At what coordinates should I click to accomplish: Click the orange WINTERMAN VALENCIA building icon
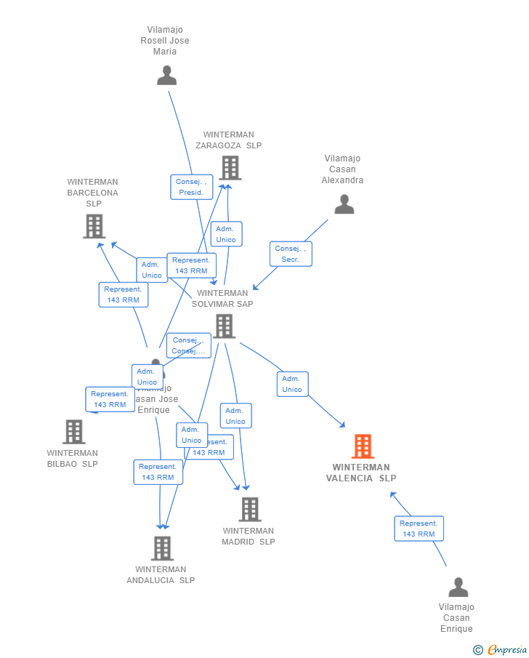pos(363,446)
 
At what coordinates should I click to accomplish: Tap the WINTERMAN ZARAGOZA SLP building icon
pos(230,168)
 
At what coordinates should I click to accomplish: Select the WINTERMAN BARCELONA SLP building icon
pos(94,226)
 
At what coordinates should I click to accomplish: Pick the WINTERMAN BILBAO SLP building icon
pos(73,432)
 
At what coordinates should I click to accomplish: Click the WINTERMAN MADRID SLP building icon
pos(249,509)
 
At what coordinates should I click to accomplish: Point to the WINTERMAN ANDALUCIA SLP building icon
pos(161,548)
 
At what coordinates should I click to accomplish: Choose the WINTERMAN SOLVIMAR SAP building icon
pos(225,326)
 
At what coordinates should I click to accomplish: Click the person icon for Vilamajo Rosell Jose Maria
pos(166,76)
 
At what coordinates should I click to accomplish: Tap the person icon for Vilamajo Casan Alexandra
pos(344,204)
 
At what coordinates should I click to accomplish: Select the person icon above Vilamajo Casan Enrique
pos(458,587)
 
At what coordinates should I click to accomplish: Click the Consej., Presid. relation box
pos(191,187)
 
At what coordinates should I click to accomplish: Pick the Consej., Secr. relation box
pos(291,254)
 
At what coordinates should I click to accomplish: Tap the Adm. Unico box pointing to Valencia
pos(292,384)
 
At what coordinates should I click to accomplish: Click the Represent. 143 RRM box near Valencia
pos(419,529)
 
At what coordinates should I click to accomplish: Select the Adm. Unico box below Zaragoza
pos(226,234)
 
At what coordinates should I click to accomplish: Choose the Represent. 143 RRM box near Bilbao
pos(110,399)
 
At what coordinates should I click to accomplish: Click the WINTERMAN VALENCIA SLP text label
pos(361,473)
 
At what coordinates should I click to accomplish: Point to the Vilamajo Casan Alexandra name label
pos(342,169)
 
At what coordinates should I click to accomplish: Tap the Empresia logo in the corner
pos(501,649)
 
